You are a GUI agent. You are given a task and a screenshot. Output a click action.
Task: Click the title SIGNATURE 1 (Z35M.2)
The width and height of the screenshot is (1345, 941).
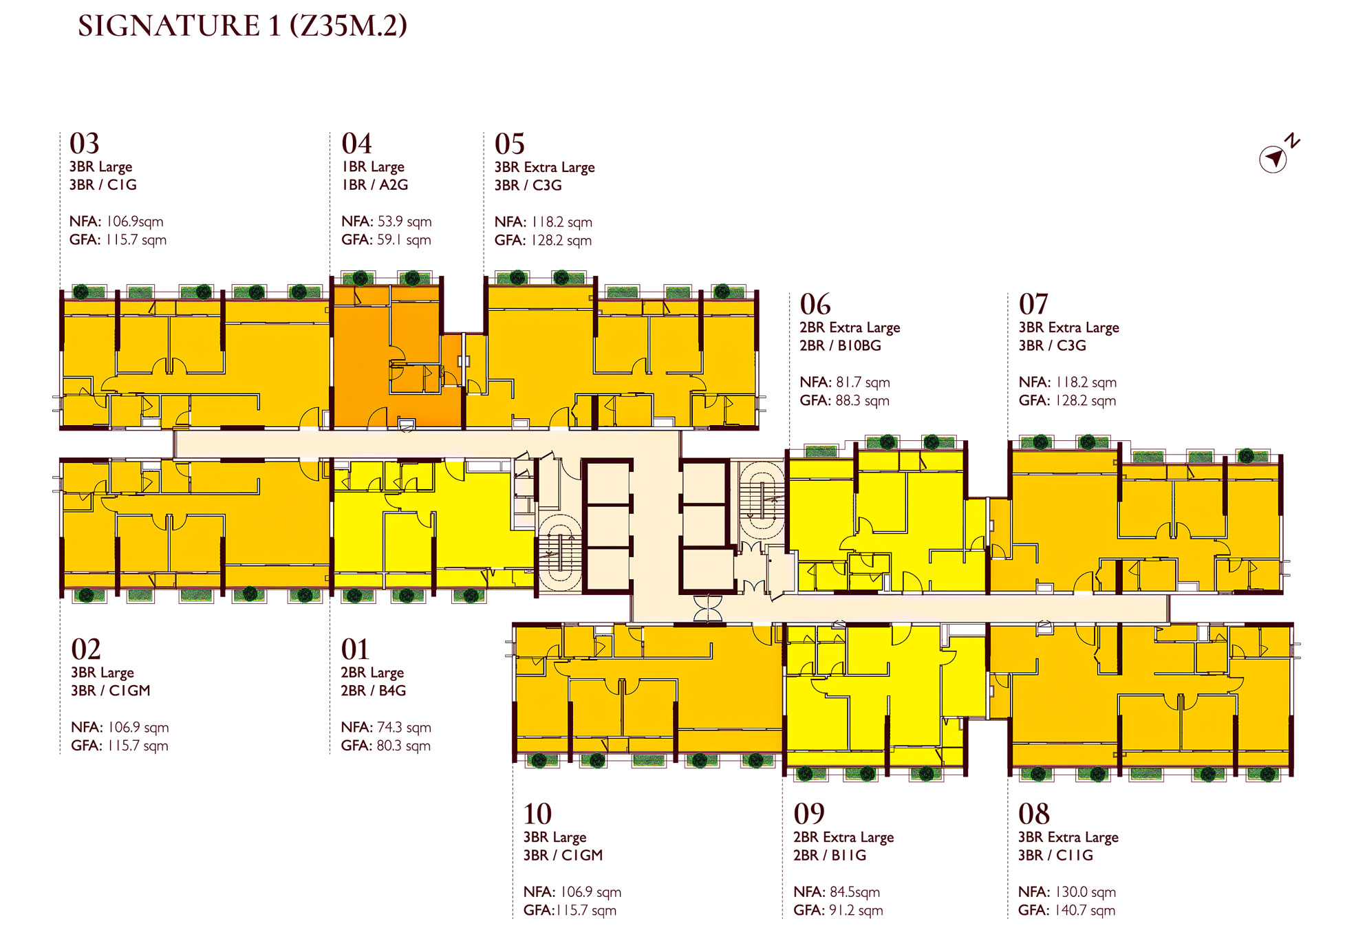[242, 25]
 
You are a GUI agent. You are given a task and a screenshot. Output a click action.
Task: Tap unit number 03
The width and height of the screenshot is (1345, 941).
[85, 144]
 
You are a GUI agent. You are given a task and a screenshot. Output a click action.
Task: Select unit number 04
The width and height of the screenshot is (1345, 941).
[356, 144]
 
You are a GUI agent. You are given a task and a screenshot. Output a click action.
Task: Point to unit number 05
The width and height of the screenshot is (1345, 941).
[510, 144]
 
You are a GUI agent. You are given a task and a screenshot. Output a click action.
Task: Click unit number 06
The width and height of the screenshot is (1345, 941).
[815, 304]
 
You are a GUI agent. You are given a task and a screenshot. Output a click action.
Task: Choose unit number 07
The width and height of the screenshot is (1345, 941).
[1033, 304]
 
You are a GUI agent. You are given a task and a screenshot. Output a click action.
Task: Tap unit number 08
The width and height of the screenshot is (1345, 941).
[1034, 814]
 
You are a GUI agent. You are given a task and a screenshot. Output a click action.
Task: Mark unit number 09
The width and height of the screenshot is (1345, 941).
[809, 814]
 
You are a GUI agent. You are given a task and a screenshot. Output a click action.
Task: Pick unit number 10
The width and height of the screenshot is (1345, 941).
[537, 814]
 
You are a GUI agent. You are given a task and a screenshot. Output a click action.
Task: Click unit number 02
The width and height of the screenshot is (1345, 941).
[86, 649]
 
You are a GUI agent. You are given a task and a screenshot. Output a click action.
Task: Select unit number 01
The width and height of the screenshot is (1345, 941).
[355, 649]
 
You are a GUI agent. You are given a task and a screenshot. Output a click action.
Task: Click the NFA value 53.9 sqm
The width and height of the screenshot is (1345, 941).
[405, 221]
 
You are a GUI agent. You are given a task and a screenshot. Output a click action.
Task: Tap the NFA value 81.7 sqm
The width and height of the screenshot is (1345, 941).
[863, 382]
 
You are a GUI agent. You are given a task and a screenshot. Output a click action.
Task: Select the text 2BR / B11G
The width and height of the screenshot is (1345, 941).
[830, 855]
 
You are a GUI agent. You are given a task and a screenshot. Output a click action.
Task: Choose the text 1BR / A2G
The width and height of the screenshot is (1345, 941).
[375, 185]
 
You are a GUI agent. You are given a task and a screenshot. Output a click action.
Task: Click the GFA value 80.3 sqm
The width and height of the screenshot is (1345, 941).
[404, 746]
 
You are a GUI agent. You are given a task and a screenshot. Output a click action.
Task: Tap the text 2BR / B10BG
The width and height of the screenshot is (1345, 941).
[840, 345]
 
